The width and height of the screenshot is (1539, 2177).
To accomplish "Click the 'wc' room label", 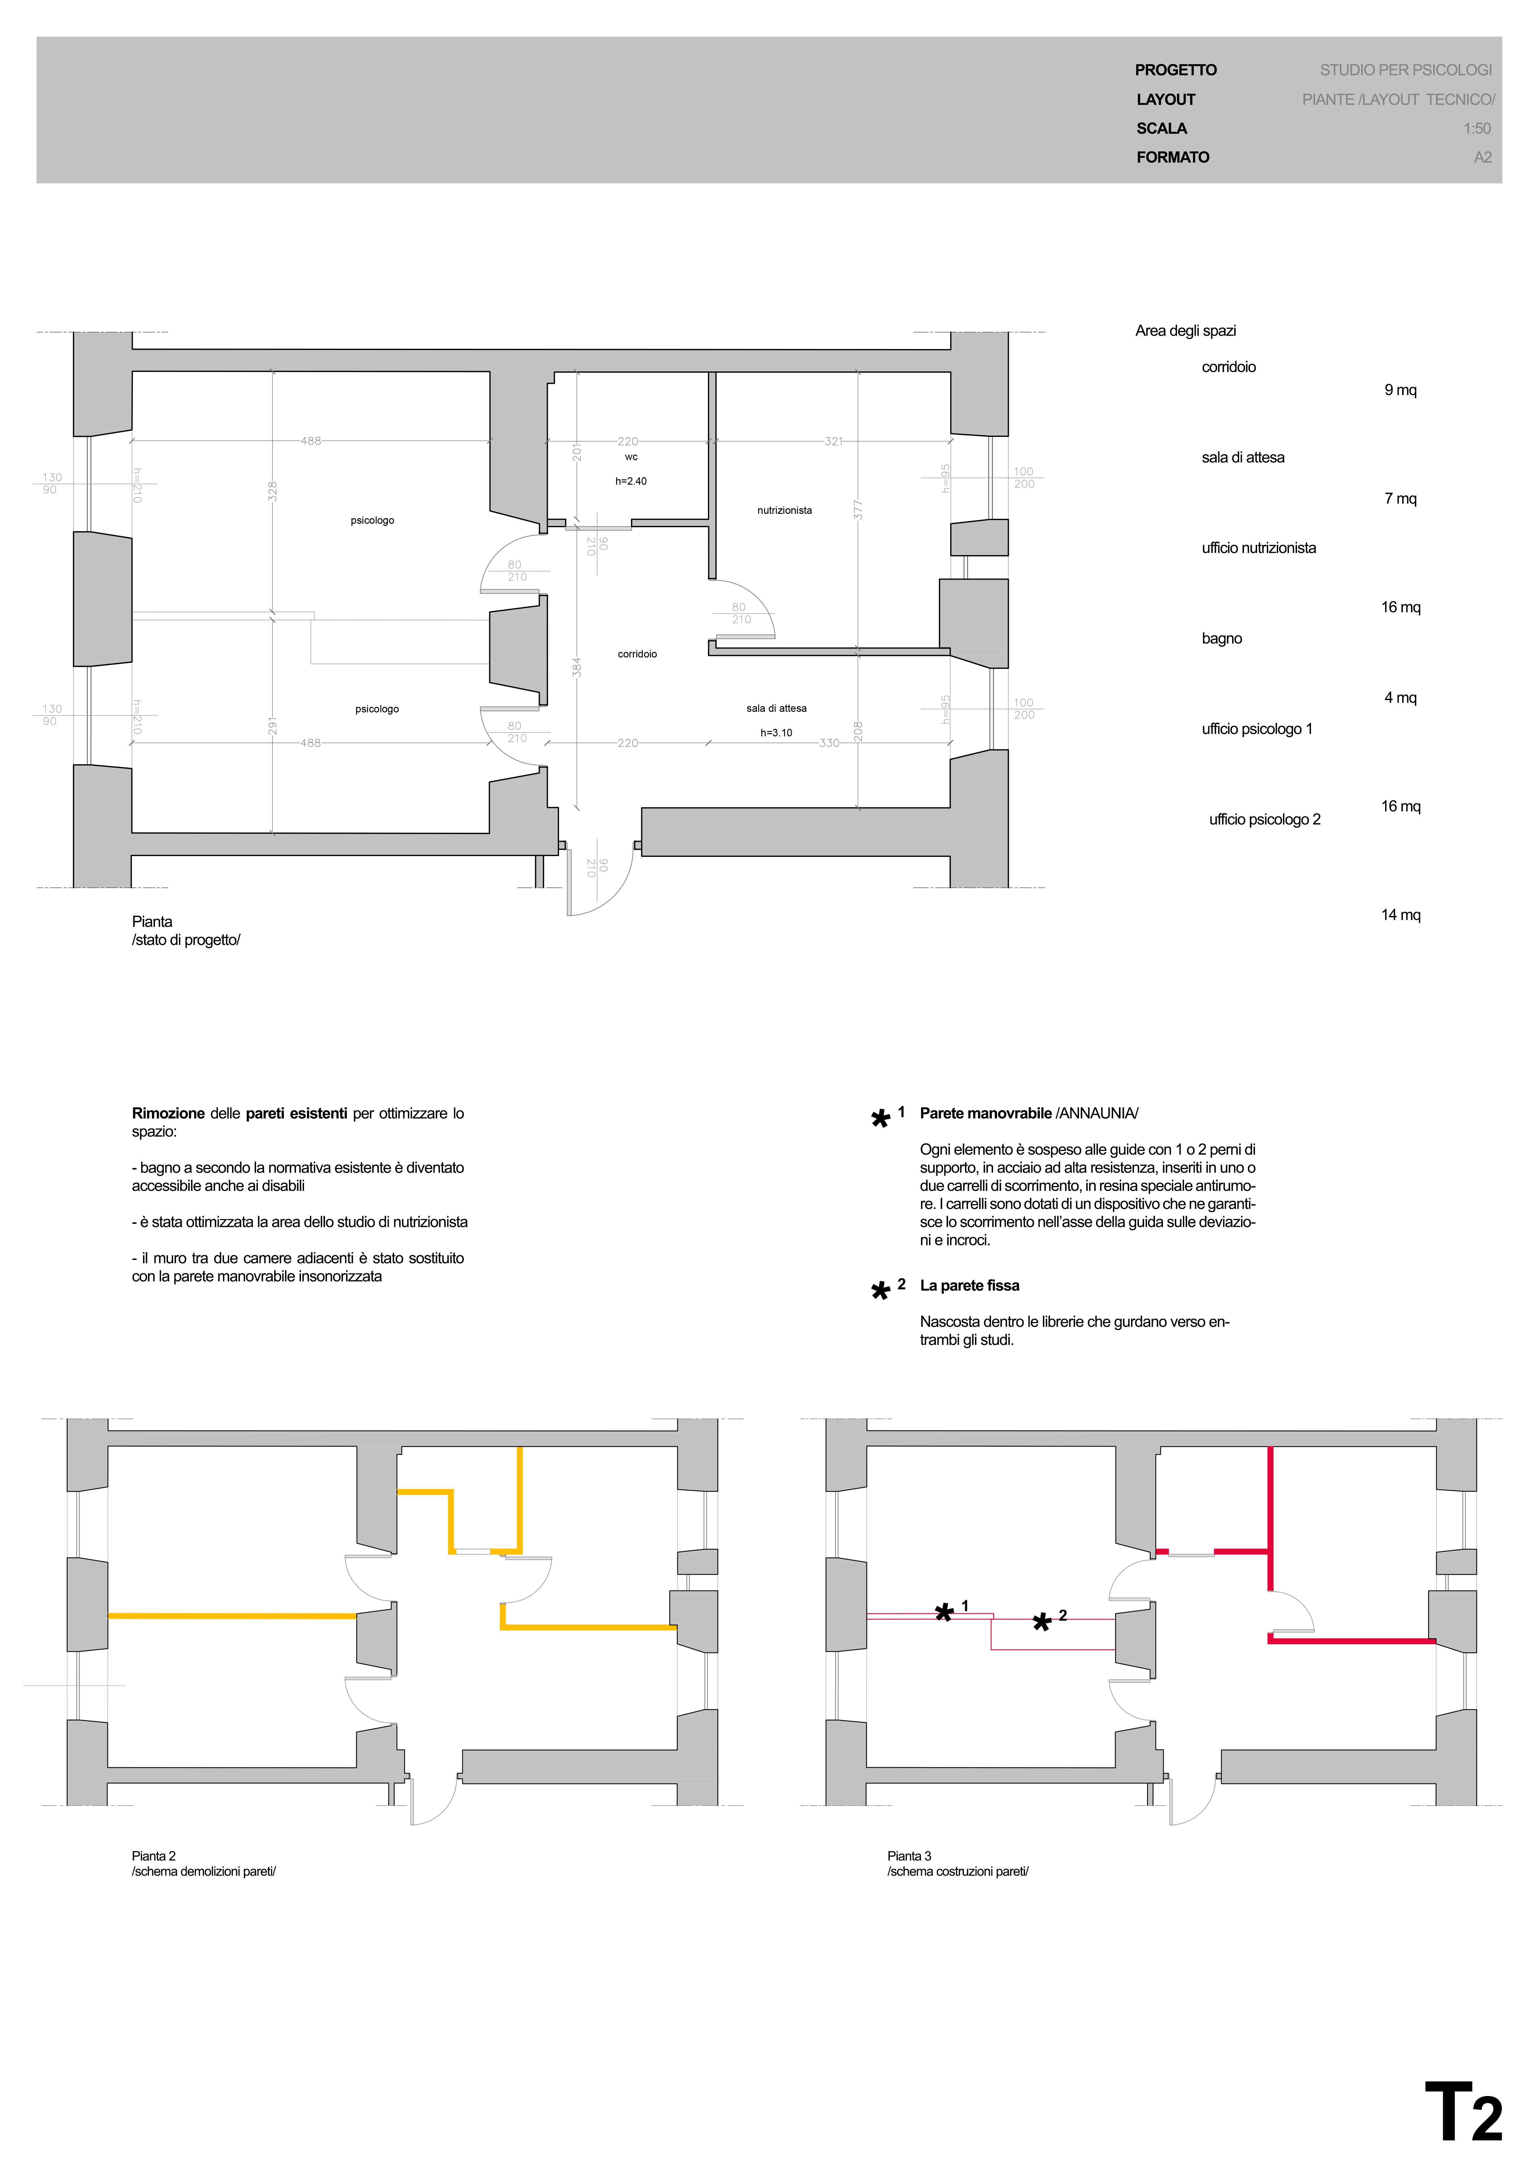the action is (632, 457).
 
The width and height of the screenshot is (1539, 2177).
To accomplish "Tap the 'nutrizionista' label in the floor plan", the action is (784, 510).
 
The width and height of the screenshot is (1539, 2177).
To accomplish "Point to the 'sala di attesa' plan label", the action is (776, 708).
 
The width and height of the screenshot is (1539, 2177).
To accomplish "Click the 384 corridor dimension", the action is (576, 667).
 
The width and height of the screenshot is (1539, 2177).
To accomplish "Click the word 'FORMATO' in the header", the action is (1173, 157).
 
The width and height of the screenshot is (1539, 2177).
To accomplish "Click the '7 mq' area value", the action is (1401, 499).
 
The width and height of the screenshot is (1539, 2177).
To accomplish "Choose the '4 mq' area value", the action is (1401, 698).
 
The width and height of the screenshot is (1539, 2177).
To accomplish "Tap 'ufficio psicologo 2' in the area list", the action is (1265, 819).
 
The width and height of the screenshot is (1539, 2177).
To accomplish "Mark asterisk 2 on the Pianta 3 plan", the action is (1042, 1623).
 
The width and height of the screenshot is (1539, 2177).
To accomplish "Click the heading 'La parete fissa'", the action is (970, 1286).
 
